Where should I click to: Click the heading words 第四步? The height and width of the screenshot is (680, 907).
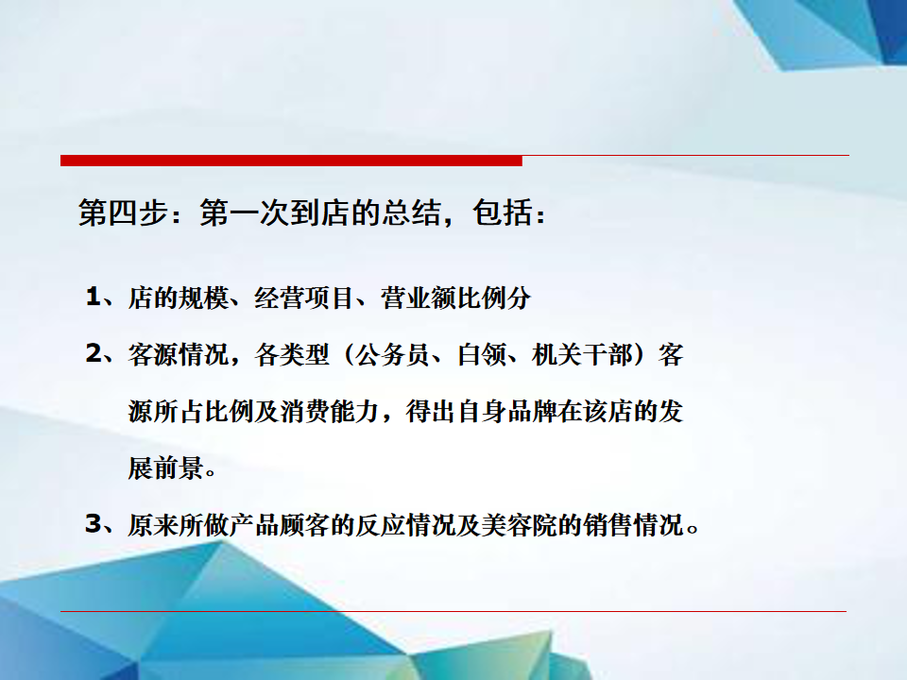pos(124,212)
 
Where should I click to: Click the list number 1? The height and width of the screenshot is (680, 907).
pos(94,297)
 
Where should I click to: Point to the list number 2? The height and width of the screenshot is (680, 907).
pos(94,354)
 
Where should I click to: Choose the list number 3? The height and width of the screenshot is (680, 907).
pos(94,524)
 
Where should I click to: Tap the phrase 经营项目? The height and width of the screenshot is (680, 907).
pos(303,298)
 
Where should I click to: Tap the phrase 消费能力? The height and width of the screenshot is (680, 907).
pos(330,412)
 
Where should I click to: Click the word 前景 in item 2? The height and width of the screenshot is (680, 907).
pos(179,468)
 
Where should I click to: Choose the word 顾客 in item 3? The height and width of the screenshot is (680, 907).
pos(304,525)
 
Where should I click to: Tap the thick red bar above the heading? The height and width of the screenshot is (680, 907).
pos(291,161)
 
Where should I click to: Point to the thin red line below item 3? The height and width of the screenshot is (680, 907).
pos(453,611)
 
